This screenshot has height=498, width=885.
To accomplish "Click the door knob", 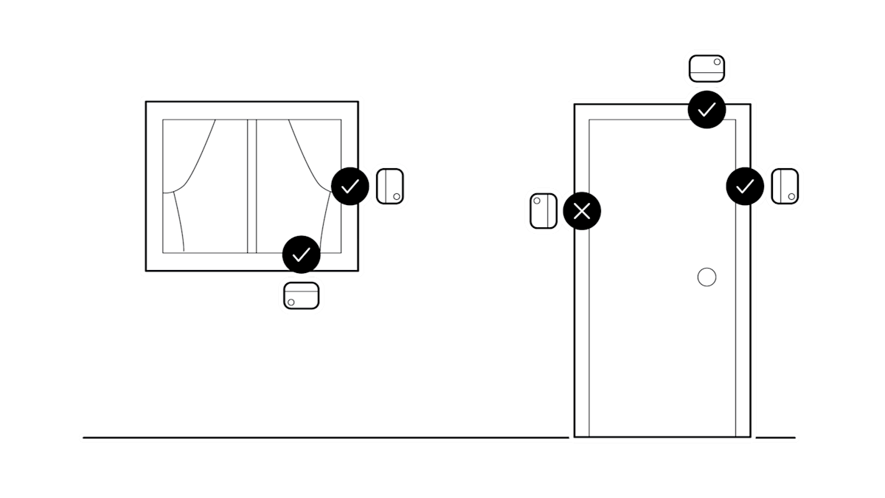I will click(707, 277).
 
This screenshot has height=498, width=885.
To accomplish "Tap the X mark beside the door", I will click(582, 212).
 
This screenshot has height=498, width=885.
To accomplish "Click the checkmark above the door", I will click(707, 110).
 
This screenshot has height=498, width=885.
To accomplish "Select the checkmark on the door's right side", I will click(745, 186).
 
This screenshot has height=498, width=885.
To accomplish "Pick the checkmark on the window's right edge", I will click(350, 186).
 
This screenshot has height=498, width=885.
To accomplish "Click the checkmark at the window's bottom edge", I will click(301, 255).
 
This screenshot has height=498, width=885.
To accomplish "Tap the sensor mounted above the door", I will click(707, 69).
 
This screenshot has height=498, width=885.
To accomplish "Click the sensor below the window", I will click(302, 296).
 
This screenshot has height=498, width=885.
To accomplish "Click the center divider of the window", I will click(251, 184).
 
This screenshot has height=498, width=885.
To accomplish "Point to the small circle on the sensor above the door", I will click(717, 62).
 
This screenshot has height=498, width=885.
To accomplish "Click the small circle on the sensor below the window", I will click(291, 302).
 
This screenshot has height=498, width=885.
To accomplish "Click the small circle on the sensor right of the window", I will click(396, 196).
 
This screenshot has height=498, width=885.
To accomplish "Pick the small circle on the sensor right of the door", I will click(792, 196).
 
